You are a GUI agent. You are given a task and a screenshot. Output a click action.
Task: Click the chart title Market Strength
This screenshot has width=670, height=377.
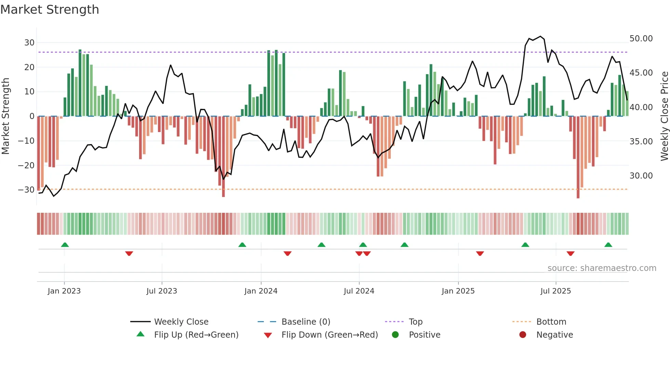[x=50, y=10]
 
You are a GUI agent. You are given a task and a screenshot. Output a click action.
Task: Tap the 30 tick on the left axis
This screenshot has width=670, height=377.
[x=29, y=43]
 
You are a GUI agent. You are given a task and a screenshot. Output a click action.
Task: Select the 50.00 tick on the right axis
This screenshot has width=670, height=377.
[x=641, y=39]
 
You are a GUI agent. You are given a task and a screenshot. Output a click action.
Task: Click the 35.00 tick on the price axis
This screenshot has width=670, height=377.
[x=641, y=142]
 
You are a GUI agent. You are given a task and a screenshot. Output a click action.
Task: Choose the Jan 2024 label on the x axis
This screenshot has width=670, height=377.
[x=261, y=291]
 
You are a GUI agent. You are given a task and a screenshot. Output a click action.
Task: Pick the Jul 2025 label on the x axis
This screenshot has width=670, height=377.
[x=555, y=291]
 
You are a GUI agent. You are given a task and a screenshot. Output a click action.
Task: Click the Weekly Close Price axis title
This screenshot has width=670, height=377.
[x=664, y=116]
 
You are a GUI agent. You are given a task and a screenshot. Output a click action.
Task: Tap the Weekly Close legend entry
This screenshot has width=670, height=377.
[x=181, y=322]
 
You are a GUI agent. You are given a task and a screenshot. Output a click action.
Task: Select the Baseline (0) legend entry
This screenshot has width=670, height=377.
[x=306, y=322]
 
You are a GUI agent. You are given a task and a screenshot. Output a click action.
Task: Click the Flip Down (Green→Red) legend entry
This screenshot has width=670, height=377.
[x=330, y=335]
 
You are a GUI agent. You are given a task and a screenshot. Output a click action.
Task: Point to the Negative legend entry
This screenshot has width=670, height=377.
[x=554, y=335]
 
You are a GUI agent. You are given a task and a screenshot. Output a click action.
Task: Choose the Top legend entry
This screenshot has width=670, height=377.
[x=415, y=322]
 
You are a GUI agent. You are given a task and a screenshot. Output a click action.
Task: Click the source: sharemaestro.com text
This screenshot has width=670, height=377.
[x=602, y=268]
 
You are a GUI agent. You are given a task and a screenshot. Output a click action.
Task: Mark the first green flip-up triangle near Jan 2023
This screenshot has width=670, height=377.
[x=65, y=245]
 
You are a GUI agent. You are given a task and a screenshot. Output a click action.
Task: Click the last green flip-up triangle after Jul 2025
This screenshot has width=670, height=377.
[x=608, y=245]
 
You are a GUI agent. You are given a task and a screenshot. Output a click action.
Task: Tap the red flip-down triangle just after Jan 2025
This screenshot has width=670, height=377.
[x=480, y=253]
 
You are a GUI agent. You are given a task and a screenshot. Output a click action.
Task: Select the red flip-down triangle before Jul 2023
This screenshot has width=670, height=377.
[x=129, y=253]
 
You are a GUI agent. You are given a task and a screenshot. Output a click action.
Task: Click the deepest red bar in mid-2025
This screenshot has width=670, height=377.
[x=578, y=157]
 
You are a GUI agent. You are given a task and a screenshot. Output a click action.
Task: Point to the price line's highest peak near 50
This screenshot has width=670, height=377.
[x=540, y=36]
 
